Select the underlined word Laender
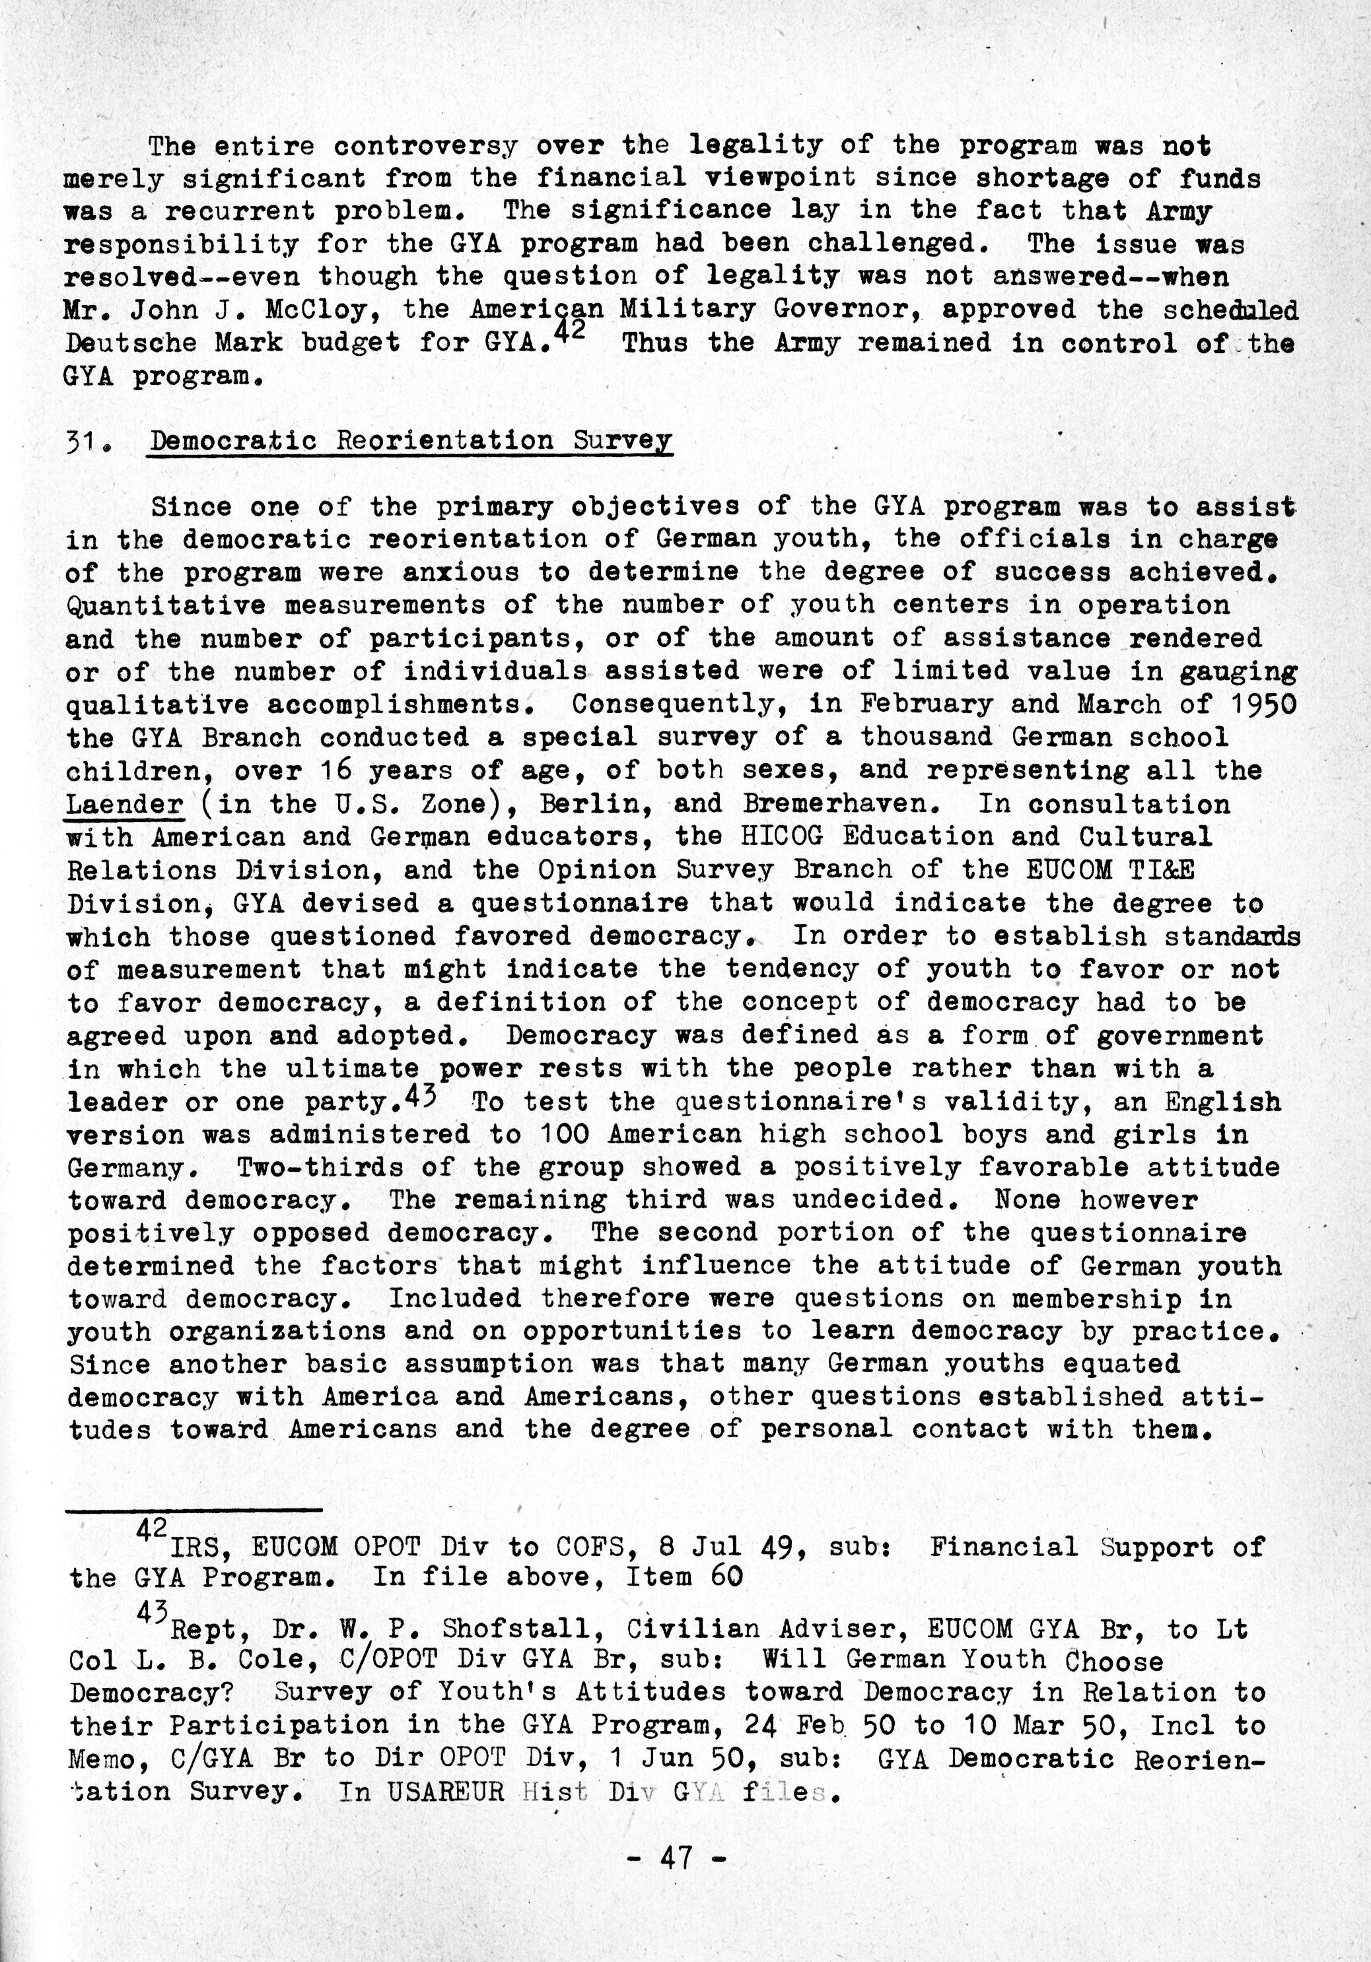[125, 804]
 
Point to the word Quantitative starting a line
[166, 605]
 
